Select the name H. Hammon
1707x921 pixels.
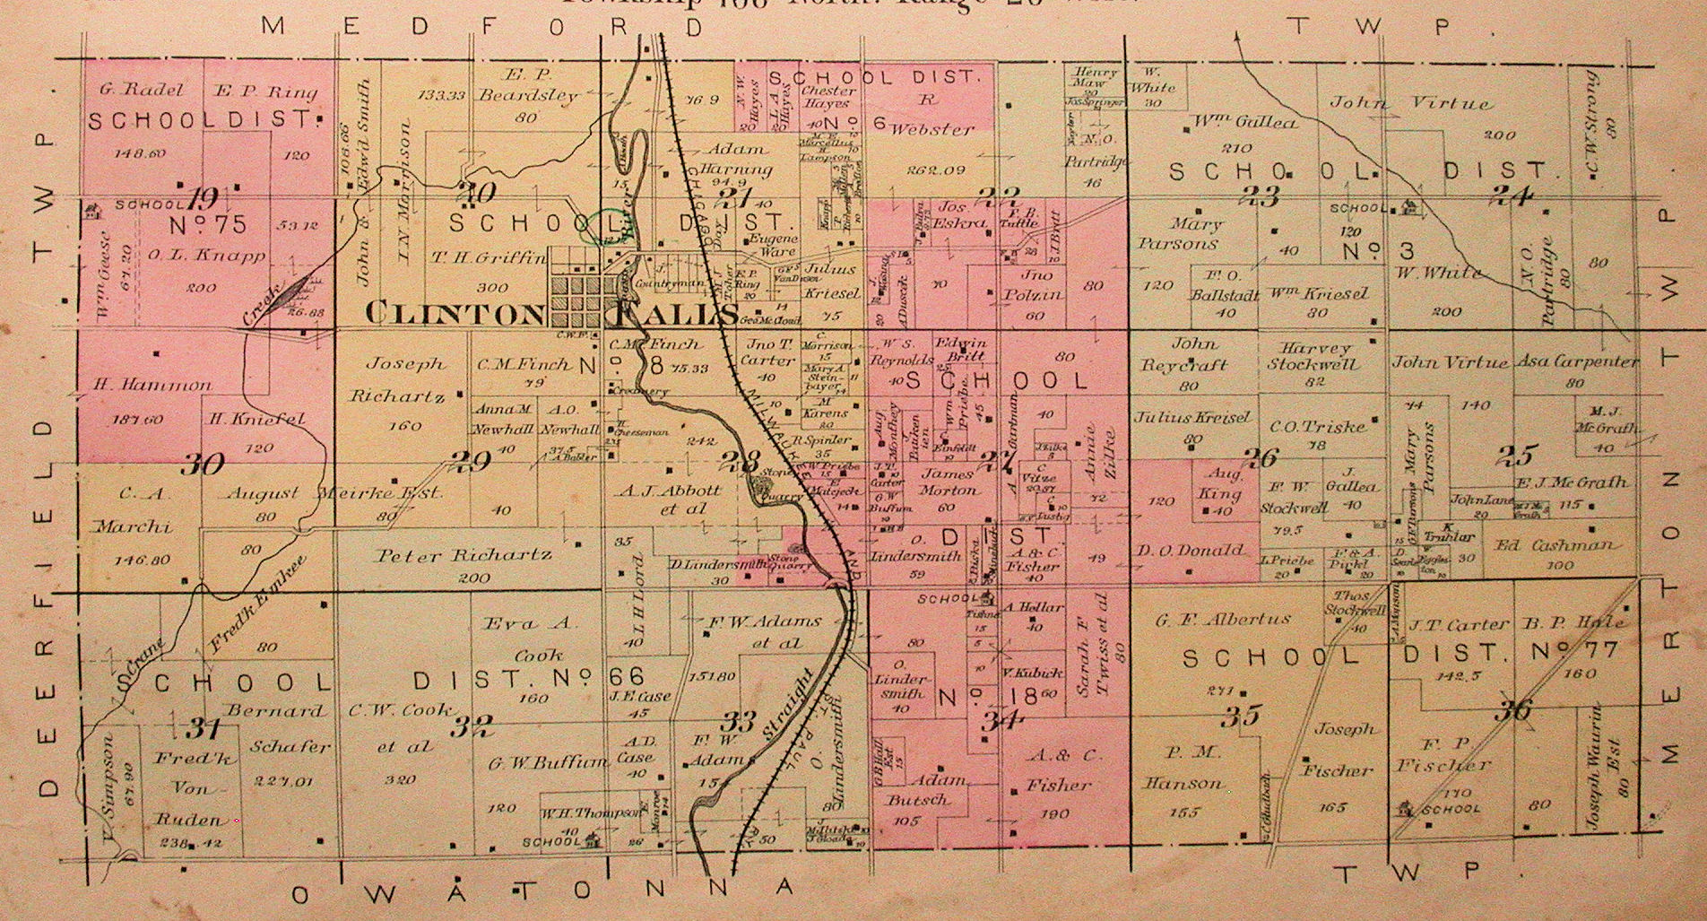[152, 385]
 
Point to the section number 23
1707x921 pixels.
[1264, 197]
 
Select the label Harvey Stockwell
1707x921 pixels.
[1313, 355]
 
